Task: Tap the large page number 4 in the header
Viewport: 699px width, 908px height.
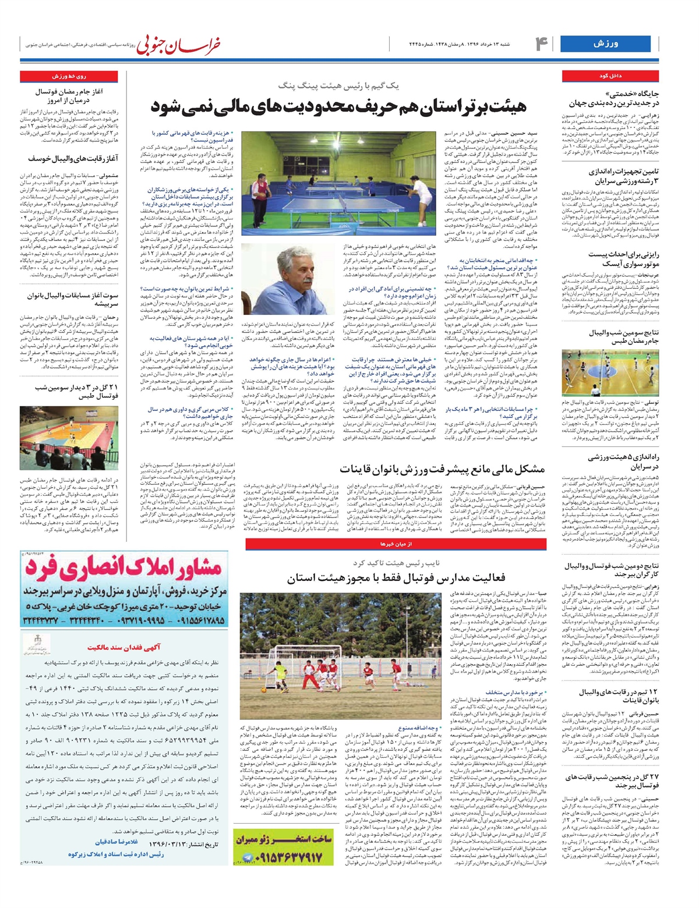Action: click(x=541, y=44)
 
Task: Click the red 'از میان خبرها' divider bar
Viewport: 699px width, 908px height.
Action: click(x=396, y=544)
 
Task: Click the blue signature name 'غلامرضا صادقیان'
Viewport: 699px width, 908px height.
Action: click(x=117, y=842)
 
